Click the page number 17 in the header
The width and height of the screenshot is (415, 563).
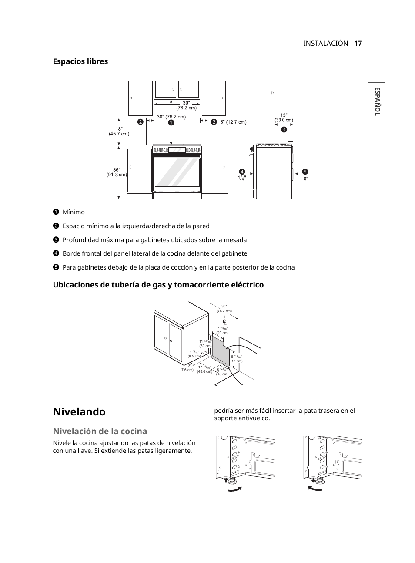[x=358, y=43]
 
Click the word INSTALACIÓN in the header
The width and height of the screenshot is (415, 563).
[x=325, y=43]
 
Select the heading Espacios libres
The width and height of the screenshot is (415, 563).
[x=80, y=61]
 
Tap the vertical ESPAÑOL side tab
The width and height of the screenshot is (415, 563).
[x=377, y=101]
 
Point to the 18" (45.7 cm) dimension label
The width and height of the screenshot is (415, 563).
[x=119, y=131]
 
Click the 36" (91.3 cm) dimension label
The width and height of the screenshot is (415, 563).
[x=117, y=172]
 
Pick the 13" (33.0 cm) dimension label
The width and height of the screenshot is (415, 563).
[x=284, y=118]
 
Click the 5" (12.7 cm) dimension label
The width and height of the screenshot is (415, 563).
[x=233, y=122]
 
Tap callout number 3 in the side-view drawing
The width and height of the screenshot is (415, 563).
[x=284, y=129]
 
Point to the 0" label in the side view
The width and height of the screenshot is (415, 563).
[x=305, y=179]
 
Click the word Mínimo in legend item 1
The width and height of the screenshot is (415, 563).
[x=74, y=212]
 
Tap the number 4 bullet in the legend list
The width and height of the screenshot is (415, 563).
[x=56, y=253]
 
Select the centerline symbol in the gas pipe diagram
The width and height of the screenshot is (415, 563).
[x=224, y=322]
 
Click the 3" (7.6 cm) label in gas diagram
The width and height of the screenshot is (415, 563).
[x=187, y=368]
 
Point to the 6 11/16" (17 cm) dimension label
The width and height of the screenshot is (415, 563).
[x=236, y=359]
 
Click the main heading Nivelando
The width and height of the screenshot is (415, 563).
[x=79, y=411]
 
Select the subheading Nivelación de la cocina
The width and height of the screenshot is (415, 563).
[x=100, y=431]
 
